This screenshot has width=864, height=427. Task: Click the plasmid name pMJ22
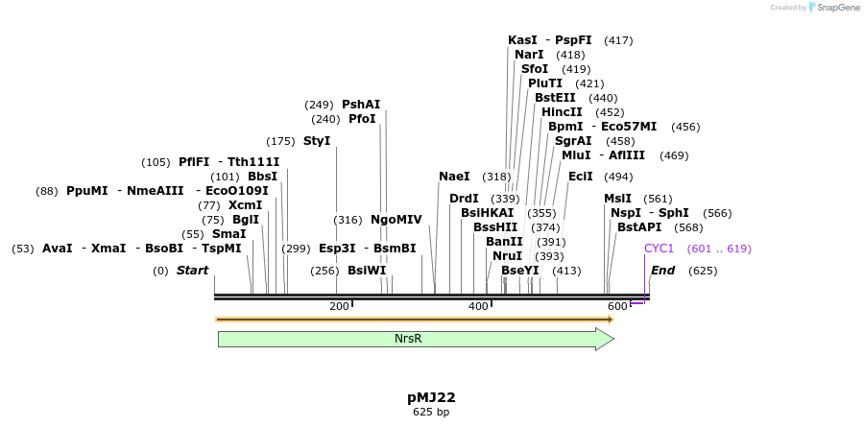click(x=431, y=397)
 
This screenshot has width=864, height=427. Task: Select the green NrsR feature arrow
click(x=413, y=339)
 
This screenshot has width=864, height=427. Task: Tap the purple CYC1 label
click(x=659, y=249)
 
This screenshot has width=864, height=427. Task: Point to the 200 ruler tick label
click(x=339, y=306)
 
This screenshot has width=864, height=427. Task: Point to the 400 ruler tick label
click(x=478, y=306)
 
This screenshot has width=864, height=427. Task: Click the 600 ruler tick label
click(x=617, y=306)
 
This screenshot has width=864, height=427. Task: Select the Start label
click(x=192, y=271)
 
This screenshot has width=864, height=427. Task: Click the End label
click(x=662, y=271)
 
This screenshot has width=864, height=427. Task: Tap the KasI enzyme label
click(x=522, y=40)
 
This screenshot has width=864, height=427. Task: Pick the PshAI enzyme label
click(x=361, y=105)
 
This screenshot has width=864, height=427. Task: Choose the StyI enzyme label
click(x=317, y=141)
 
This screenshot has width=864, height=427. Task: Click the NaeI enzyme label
click(x=454, y=177)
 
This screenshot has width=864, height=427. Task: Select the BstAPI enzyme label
click(x=639, y=227)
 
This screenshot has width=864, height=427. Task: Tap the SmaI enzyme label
click(x=228, y=234)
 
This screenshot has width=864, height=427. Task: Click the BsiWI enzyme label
click(x=367, y=271)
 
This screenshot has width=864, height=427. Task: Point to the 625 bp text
click(x=431, y=413)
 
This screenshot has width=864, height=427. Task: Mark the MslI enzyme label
click(x=617, y=199)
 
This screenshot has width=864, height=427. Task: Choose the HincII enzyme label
click(x=563, y=112)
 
